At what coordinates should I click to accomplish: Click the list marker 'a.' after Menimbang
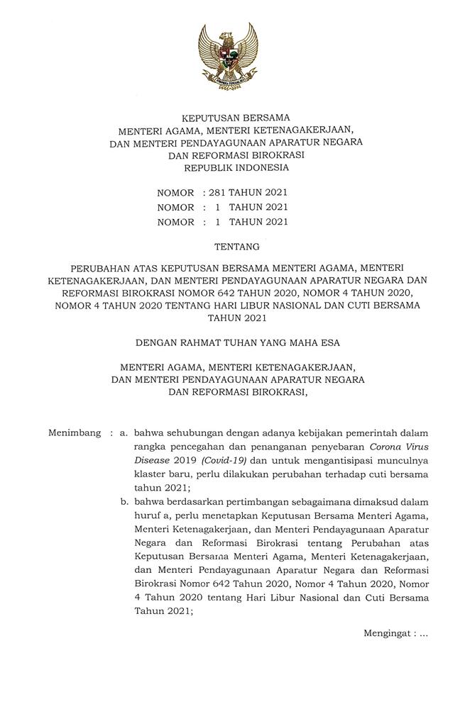[124, 432]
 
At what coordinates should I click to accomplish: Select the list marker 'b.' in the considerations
[124, 501]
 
